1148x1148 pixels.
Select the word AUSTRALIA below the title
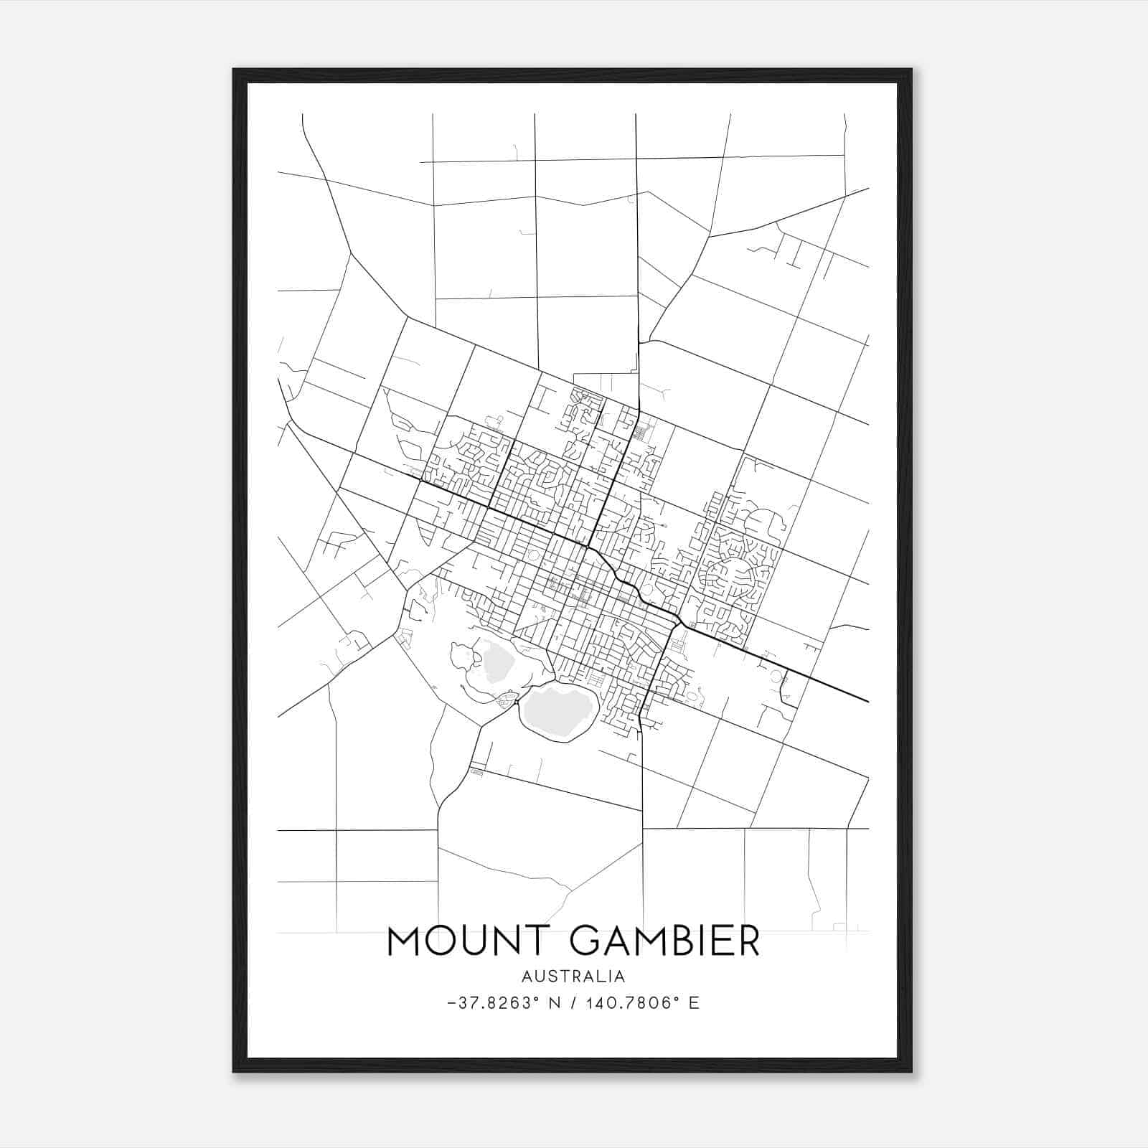pyautogui.click(x=573, y=977)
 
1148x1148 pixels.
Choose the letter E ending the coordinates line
pyautogui.click(x=693, y=1003)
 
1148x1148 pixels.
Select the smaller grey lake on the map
pyautogui.click(x=494, y=662)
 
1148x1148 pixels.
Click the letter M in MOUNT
pyautogui.click(x=404, y=941)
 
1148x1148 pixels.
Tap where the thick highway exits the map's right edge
pyautogui.click(x=867, y=700)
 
